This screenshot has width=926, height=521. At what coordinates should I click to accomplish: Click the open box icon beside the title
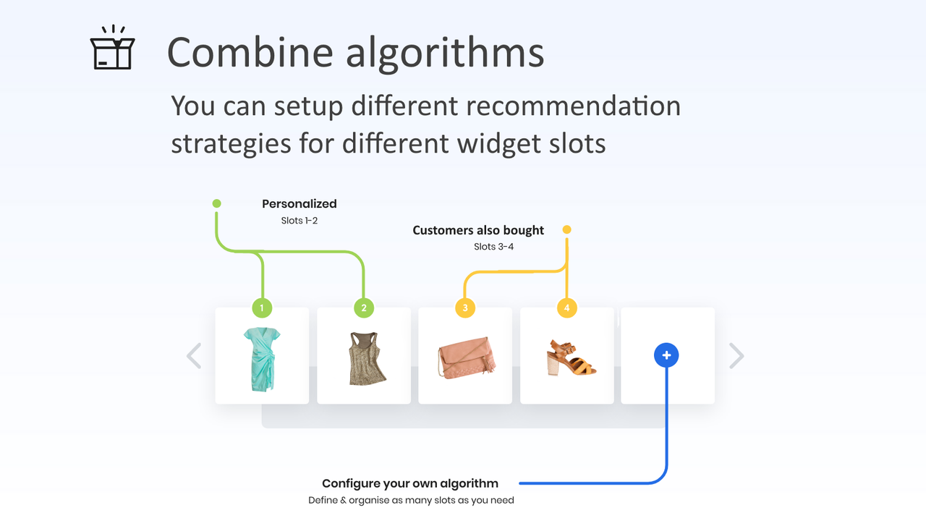pos(112,48)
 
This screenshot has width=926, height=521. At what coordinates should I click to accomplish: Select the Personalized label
pos(299,204)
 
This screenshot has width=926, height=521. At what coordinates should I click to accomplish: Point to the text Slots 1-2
pos(300,221)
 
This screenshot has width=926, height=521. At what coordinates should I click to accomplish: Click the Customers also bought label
pos(478,230)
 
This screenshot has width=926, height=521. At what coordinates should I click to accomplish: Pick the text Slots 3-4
pos(493,247)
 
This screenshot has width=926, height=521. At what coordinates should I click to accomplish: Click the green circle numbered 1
pos(262,308)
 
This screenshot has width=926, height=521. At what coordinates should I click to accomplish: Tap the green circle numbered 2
pos(364,308)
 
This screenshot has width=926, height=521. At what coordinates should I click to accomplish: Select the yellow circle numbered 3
pos(465,308)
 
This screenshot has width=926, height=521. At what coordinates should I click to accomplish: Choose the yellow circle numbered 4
pos(566,308)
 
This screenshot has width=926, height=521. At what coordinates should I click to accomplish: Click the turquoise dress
pos(262,359)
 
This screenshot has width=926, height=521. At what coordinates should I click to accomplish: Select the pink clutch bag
pos(465,357)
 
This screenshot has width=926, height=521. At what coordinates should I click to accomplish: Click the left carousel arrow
pos(194,356)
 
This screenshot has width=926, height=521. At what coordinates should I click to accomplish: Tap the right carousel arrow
pos(736,356)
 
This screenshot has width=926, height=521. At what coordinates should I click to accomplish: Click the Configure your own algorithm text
pos(410,483)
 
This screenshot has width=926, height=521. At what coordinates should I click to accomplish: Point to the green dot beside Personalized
pos(216,203)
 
